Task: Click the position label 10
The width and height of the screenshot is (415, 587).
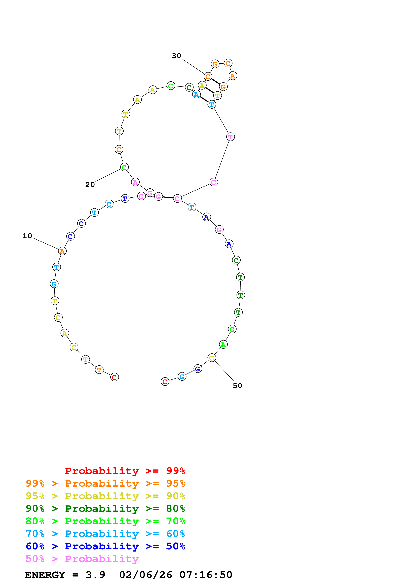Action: [x=27, y=236]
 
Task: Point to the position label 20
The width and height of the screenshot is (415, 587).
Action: [x=90, y=185]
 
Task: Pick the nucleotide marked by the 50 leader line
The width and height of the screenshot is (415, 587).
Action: [x=211, y=358]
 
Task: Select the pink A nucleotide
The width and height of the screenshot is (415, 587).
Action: [x=135, y=182]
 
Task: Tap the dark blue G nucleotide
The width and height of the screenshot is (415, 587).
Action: [x=198, y=369]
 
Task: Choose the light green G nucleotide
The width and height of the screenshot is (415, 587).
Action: [x=232, y=329]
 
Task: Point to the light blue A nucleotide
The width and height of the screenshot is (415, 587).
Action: [x=196, y=94]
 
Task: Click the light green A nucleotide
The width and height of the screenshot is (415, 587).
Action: [x=223, y=345]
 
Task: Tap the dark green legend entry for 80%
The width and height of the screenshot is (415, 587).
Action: [x=105, y=509]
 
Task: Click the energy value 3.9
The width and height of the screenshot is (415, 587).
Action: [x=95, y=575]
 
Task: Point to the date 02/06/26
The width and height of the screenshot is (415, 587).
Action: [x=145, y=575]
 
